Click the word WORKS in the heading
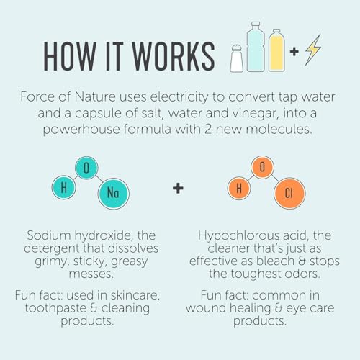pyautogui.click(x=174, y=56)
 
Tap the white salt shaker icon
pyautogui.click(x=237, y=58)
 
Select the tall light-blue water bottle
pyautogui.click(x=256, y=47)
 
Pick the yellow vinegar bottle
pyautogui.click(x=277, y=50)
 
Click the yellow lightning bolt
pyautogui.click(x=313, y=50)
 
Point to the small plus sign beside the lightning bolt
pyautogui.click(x=294, y=52)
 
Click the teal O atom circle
pyautogui.click(x=86, y=168)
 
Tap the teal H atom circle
pyautogui.click(x=64, y=187)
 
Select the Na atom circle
pyautogui.click(x=114, y=193)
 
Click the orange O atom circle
pyautogui.click(x=262, y=167)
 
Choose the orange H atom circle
pyautogui.click(x=239, y=188)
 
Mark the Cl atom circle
pyautogui.click(x=289, y=193)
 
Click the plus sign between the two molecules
pyautogui.click(x=178, y=189)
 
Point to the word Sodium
pyautogui.click(x=49, y=235)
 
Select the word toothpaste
pyautogui.click(x=55, y=308)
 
